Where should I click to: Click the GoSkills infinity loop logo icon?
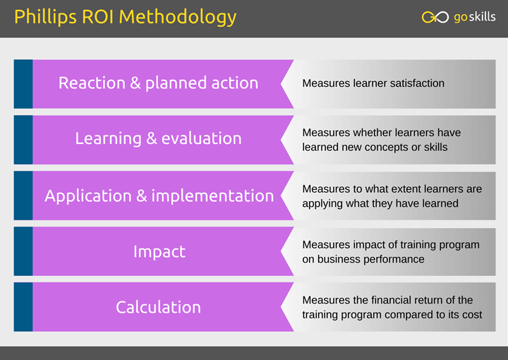point(435,17)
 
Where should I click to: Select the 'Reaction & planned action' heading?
point(158,83)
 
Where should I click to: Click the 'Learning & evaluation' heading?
point(158,138)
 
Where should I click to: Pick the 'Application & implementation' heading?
point(159,196)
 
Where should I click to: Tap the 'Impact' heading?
point(159,251)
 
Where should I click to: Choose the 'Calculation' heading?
point(158,307)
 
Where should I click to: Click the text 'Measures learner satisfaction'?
point(373,83)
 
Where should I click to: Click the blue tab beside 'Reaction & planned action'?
point(23,84)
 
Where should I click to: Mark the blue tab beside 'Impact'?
point(23,251)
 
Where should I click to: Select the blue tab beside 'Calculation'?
point(23,307)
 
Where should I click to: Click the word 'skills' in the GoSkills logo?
point(482,17)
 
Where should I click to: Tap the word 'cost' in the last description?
point(472,315)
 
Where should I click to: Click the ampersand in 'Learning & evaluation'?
point(151,139)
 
